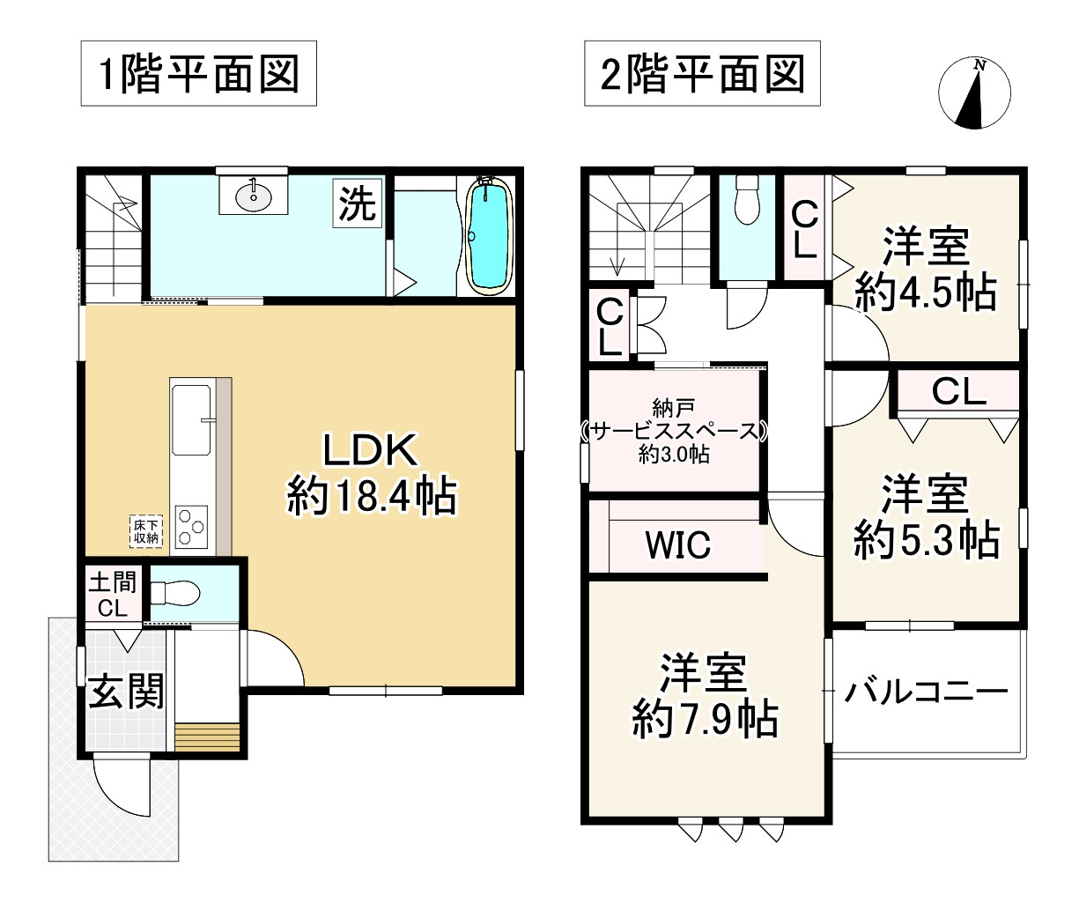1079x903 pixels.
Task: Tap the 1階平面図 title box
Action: click(x=198, y=74)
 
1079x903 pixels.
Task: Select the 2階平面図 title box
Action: click(x=702, y=74)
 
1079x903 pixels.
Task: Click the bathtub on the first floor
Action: click(x=491, y=235)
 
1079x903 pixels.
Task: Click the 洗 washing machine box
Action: click(x=358, y=205)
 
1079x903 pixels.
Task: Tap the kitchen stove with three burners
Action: click(x=191, y=528)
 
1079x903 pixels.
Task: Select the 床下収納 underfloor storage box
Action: click(x=145, y=530)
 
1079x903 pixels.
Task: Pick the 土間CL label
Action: click(x=112, y=595)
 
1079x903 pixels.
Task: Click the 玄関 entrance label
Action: click(x=125, y=692)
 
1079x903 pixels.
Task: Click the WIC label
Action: click(x=677, y=545)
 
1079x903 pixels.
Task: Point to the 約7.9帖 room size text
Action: click(x=704, y=721)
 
